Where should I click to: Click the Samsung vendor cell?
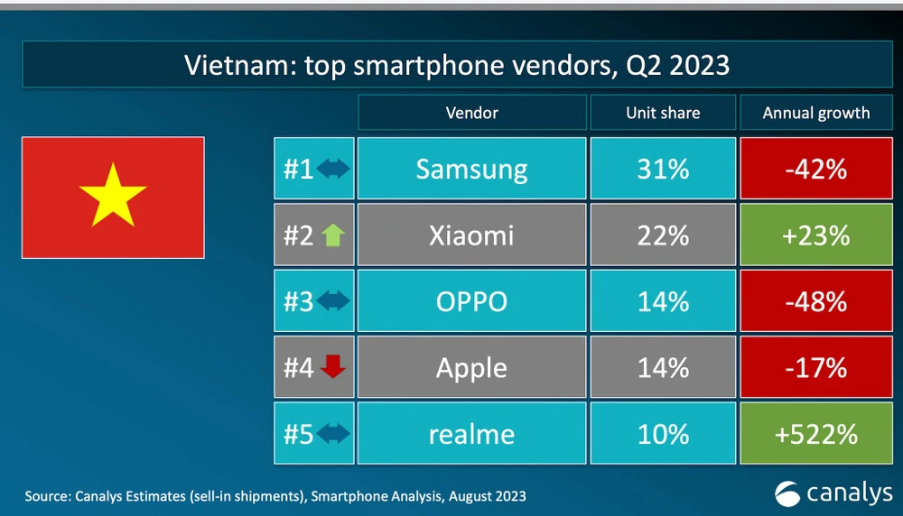point(471,169)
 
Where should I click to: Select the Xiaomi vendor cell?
point(471,235)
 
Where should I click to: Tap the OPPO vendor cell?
point(471,301)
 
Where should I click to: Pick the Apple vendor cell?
point(471,368)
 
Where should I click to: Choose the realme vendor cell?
point(471,434)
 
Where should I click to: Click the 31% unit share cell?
point(663,169)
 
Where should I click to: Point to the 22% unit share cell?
point(663,235)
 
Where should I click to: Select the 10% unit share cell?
point(663,434)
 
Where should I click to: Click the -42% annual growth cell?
point(816,169)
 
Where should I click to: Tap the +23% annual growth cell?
point(816,235)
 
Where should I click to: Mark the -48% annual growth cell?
point(816,301)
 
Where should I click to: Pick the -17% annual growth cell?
point(816,368)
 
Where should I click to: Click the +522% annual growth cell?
point(816,434)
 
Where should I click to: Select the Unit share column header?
point(663,113)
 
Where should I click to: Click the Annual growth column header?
point(816,113)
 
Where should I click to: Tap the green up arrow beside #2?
point(332,236)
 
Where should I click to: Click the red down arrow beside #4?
point(333,368)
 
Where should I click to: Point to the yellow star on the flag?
point(113,194)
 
